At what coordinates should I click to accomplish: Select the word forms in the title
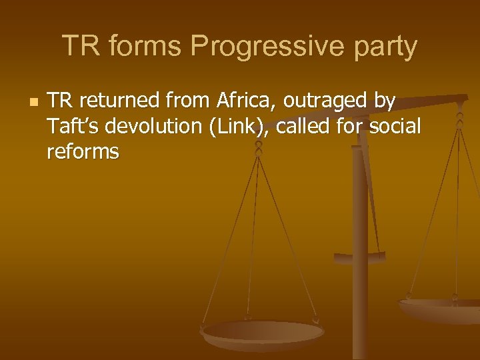coord(139,47)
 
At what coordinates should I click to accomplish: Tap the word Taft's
coord(73,127)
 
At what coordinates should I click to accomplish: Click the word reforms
coord(83,152)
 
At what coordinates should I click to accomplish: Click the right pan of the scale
coord(440,308)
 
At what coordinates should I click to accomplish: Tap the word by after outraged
coord(386,101)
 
